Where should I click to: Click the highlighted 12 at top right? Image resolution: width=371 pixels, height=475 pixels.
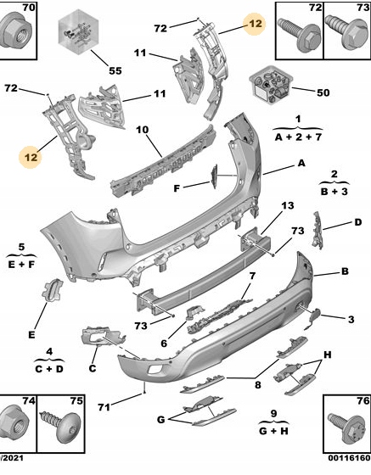point(256,24)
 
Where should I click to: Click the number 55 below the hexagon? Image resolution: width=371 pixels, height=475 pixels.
point(115,71)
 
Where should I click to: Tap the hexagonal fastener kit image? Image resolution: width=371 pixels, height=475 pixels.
point(78,32)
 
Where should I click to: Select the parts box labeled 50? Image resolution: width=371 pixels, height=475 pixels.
point(271,84)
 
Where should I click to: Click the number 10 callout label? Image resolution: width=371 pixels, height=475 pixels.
point(142,130)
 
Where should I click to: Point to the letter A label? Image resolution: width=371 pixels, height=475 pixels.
point(301,163)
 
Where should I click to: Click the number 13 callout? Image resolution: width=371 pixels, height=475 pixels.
point(288,205)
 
